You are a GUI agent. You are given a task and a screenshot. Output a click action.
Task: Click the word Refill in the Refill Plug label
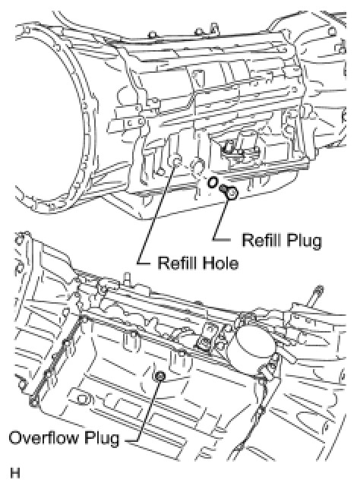pos(261,241)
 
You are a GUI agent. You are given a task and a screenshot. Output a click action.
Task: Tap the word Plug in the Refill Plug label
pos(304,241)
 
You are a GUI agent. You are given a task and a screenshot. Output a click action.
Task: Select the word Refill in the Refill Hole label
pos(177,263)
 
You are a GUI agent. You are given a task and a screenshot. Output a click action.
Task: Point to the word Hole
pos(220,263)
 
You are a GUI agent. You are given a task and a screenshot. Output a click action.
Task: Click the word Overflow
pos(44,437)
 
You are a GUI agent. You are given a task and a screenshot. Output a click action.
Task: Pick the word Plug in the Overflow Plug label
pos(102,439)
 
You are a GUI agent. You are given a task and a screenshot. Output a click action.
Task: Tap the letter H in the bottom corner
pos(15,473)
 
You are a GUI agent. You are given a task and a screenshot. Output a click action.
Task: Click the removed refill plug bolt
pos(229,191)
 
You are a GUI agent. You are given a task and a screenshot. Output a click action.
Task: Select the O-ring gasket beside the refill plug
pos(213,182)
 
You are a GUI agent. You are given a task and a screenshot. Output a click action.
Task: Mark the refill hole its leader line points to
pos(177,162)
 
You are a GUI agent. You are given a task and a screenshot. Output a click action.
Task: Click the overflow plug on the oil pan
pos(160,377)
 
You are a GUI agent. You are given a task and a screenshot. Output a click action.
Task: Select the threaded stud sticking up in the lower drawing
pos(315,295)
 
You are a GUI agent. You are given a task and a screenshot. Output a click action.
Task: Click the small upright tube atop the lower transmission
pos(126,277)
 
